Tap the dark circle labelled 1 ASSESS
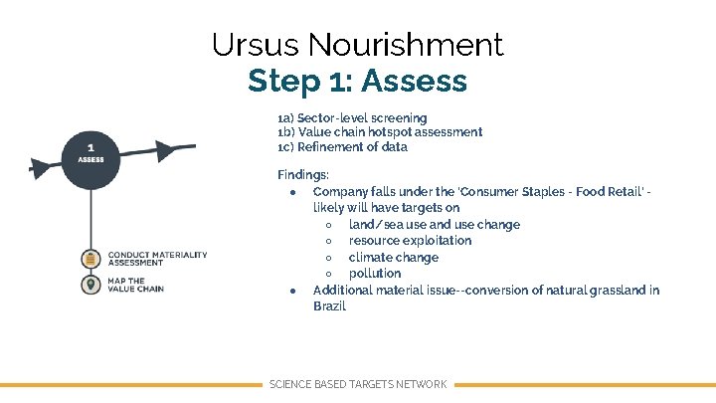click(90, 154)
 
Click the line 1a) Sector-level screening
click(352, 117)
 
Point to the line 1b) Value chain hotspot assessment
click(380, 132)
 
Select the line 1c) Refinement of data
click(342, 147)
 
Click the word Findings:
click(302, 174)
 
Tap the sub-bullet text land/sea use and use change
click(434, 224)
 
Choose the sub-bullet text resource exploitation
click(410, 241)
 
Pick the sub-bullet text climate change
click(393, 257)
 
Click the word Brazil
click(329, 306)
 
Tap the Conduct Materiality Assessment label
click(157, 259)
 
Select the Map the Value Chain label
click(135, 285)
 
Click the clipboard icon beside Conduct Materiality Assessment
click(90, 259)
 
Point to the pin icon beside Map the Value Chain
click(90, 285)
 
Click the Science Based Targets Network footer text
click(358, 384)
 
